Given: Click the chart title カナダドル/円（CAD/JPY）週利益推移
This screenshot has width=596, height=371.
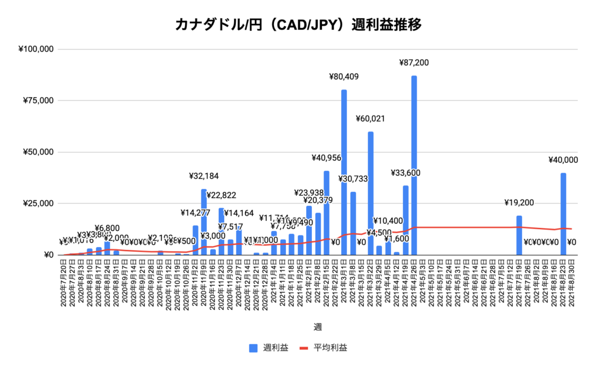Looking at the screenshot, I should pyautogui.click(x=297, y=25).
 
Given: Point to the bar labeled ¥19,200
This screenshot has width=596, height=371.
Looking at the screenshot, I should pyautogui.click(x=519, y=235).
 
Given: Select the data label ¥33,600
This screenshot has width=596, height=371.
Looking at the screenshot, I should pyautogui.click(x=405, y=173).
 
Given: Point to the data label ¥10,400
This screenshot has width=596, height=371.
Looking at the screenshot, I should pyautogui.click(x=388, y=221).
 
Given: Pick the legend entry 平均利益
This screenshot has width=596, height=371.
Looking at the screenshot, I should pyautogui.click(x=323, y=348).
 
